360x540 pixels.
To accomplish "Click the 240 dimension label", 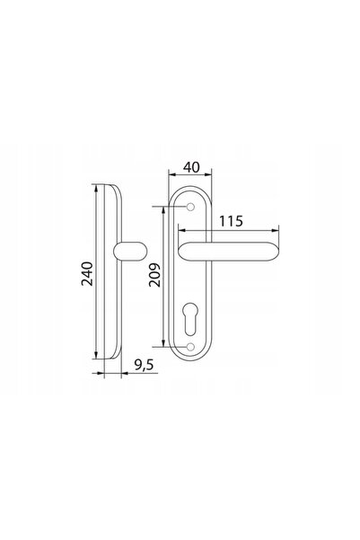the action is (87, 274).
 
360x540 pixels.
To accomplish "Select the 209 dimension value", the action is (155, 275).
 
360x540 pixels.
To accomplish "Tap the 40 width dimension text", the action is (191, 167).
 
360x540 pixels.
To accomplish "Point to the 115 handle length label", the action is (232, 221).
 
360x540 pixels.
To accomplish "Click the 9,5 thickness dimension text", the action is (144, 365).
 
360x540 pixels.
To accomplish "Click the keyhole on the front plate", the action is (190, 319).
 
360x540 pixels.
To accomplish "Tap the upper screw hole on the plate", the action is (190, 207).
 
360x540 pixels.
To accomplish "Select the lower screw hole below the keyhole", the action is (190, 347).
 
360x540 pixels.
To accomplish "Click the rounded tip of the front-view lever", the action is (276, 252).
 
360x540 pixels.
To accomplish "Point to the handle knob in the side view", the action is (130, 251).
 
